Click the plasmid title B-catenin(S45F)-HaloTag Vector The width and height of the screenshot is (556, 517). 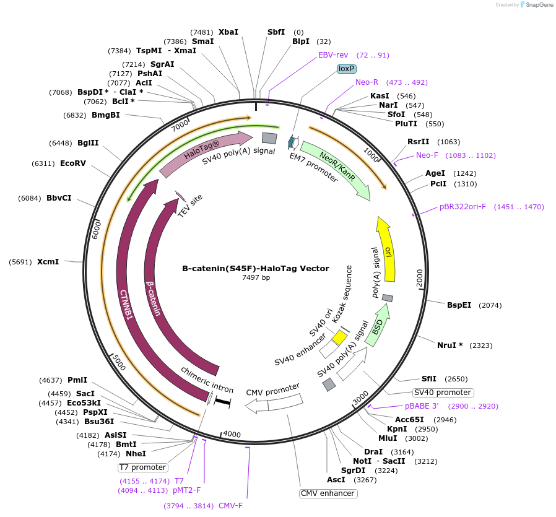pyautogui.click(x=255, y=269)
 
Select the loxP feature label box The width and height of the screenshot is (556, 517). pyautogui.click(x=346, y=69)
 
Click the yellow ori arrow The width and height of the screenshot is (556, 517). pyautogui.click(x=388, y=251)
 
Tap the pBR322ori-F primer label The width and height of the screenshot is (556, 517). pyautogui.click(x=463, y=207)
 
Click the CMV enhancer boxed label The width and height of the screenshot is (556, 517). pyautogui.click(x=328, y=493)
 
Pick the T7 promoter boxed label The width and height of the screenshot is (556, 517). pyautogui.click(x=143, y=467)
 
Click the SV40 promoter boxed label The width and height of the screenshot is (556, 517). pyautogui.click(x=443, y=393)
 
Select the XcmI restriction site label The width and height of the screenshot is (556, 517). pyautogui.click(x=48, y=262)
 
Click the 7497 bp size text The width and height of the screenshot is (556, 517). pyautogui.click(x=255, y=278)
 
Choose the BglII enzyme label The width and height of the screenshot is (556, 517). pyautogui.click(x=88, y=143)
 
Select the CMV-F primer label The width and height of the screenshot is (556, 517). pyautogui.click(x=230, y=505)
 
